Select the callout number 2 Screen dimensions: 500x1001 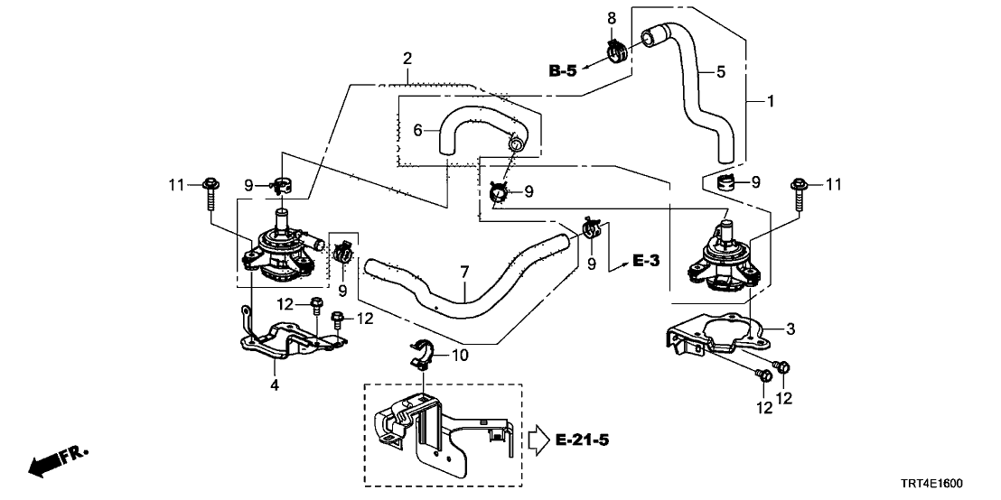pyautogui.click(x=408, y=60)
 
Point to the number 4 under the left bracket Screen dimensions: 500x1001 pyautogui.click(x=275, y=384)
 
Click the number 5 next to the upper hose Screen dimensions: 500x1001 pyautogui.click(x=720, y=71)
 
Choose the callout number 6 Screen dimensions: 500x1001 pyautogui.click(x=417, y=131)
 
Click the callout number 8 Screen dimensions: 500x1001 pyautogui.click(x=612, y=17)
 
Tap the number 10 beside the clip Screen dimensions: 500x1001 pyautogui.click(x=460, y=356)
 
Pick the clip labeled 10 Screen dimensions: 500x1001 pyautogui.click(x=421, y=356)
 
